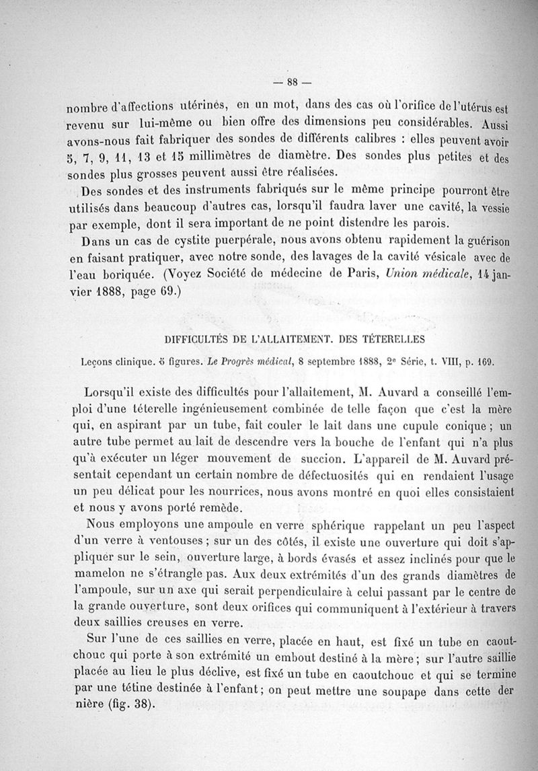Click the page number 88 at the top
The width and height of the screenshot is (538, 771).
pos(292,83)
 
